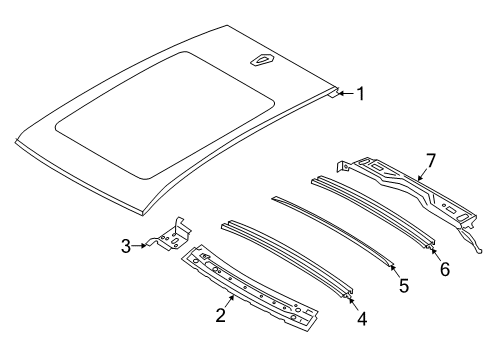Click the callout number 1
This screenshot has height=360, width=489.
361,94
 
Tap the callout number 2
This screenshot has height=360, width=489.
221,315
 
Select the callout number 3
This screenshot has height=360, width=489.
126,247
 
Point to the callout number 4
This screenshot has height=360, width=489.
362,319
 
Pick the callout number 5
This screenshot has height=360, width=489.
404,286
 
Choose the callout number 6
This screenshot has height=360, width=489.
445,269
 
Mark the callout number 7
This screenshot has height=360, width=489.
431,161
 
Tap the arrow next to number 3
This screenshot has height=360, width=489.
139,246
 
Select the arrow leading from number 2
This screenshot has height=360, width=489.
229,302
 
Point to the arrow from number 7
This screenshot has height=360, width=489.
423,174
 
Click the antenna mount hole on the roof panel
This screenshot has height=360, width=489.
262,60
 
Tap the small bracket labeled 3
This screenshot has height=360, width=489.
171,235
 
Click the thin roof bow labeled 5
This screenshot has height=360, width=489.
333,231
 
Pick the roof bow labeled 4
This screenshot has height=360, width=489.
287,256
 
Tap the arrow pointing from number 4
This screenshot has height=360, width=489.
353,302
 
